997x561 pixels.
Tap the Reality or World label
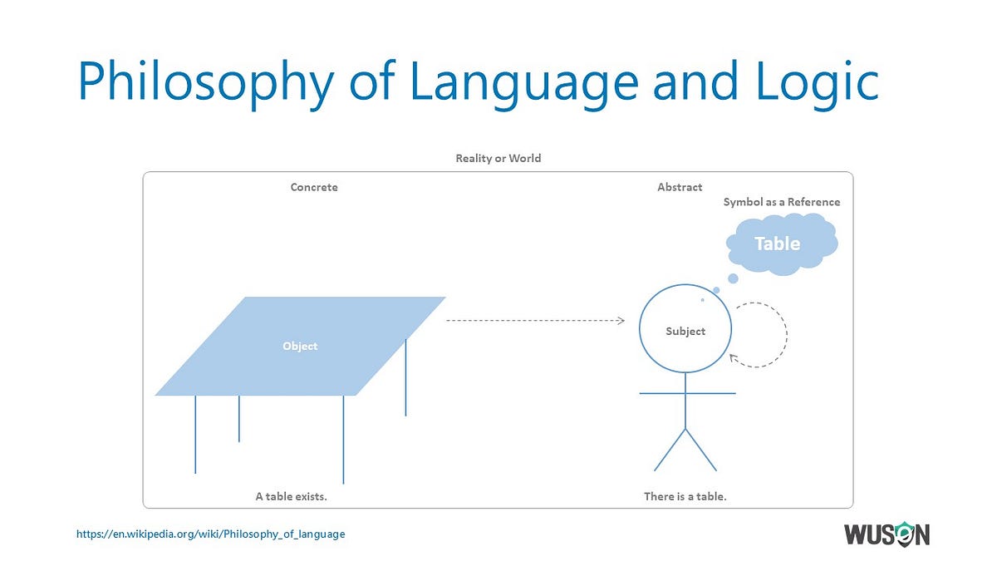pos(498,158)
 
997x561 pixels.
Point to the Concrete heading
pos(314,187)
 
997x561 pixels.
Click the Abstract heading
pos(680,187)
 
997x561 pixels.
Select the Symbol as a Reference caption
pos(782,202)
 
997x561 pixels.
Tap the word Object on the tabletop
pos(300,346)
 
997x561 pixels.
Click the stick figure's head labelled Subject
pos(685,332)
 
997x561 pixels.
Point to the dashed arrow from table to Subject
pos(535,320)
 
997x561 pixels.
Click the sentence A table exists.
pos(291,496)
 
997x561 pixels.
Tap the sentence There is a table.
pos(685,496)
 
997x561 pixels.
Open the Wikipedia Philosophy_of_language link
pos(210,534)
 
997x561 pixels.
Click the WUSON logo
pos(886,534)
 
